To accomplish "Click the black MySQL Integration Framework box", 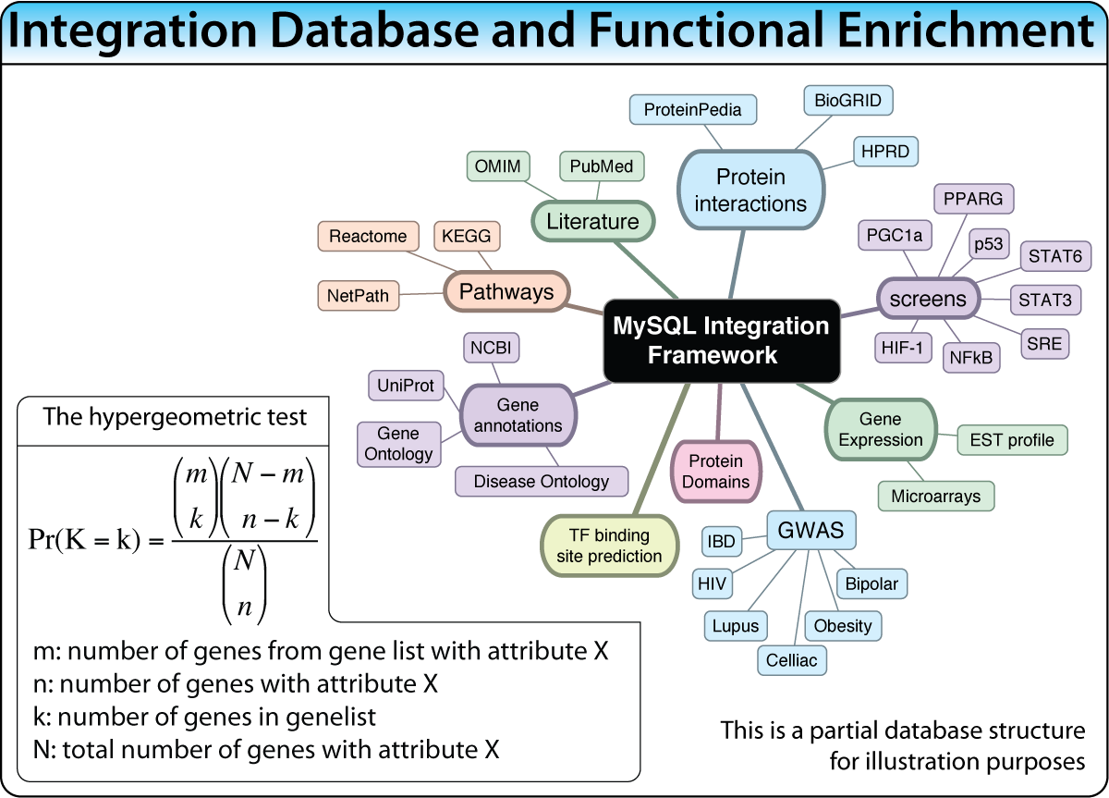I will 722,340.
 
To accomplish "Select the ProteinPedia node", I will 692,110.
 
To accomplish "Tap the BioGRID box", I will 847,100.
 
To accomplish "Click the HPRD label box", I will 885,151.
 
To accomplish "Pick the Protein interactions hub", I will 749,190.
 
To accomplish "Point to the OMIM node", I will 497,166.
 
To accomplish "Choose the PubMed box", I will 602,166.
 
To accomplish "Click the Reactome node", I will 368,236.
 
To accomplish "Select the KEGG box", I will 467,236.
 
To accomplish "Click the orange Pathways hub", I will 506,292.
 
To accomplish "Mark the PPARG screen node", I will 973,199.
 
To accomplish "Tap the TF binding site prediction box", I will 609,546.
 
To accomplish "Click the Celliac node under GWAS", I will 792,660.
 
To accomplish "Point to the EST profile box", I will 1012,440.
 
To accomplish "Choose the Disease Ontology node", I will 542,481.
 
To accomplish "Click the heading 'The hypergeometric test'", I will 175,417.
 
